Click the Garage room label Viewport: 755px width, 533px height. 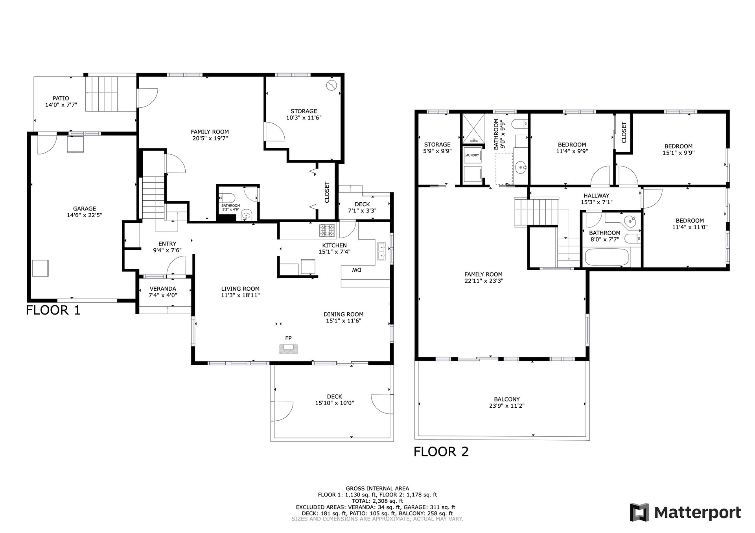(x=85, y=209)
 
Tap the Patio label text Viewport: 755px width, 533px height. (x=61, y=98)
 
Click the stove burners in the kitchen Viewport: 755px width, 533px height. (x=328, y=231)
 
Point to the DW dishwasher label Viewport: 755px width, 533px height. (x=357, y=270)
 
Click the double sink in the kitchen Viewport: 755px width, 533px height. (x=381, y=252)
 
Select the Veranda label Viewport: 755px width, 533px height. (x=163, y=289)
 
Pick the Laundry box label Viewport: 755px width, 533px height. (x=472, y=155)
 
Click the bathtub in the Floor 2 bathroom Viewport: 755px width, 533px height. (x=607, y=257)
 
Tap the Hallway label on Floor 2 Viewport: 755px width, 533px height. (x=597, y=196)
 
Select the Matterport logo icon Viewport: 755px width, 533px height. (x=640, y=512)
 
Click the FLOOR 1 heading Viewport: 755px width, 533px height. (x=53, y=310)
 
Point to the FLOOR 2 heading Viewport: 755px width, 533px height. (x=441, y=452)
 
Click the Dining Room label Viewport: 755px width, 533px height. (x=344, y=314)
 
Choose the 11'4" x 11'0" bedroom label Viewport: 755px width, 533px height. (x=690, y=227)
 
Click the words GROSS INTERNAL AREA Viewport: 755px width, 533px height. (x=377, y=489)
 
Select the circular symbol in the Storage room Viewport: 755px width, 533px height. (x=332, y=85)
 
